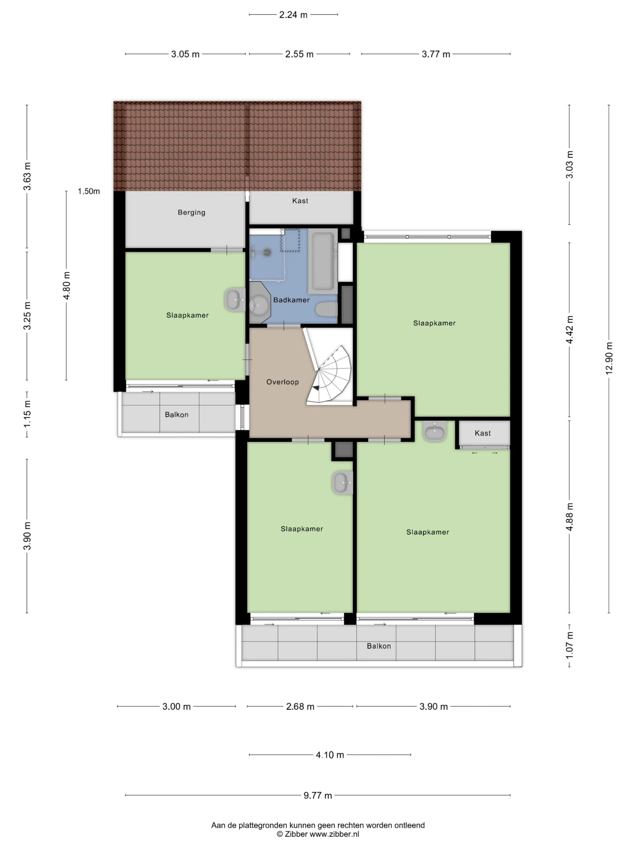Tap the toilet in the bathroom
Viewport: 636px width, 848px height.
(x=326, y=309)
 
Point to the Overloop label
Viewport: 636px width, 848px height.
(x=283, y=382)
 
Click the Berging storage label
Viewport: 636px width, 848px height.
(x=191, y=212)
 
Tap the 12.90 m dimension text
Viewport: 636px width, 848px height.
(x=609, y=358)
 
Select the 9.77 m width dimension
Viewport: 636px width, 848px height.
(x=318, y=795)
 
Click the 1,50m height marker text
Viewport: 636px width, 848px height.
(x=89, y=191)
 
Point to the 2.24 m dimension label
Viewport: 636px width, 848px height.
(x=293, y=15)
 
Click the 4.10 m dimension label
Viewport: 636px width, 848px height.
(x=330, y=755)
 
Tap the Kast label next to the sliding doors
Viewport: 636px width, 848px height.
(x=483, y=433)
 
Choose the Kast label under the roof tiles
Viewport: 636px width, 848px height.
(x=300, y=201)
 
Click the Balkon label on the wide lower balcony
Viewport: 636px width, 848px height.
(x=379, y=646)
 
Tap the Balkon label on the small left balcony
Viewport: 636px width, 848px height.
(x=177, y=415)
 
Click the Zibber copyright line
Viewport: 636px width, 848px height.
(x=318, y=834)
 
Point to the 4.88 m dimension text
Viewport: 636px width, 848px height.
(x=570, y=517)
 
